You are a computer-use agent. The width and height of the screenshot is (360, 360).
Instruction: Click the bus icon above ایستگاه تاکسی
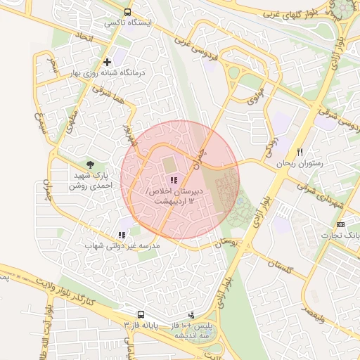(x=127, y=12)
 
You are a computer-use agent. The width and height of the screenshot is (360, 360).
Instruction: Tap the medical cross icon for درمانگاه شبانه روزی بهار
(x=107, y=62)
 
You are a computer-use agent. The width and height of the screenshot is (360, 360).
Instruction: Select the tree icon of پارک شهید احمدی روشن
(x=89, y=164)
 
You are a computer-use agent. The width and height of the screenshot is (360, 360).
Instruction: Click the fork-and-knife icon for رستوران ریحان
(x=300, y=152)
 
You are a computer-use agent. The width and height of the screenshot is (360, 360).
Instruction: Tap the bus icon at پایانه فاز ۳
(x=141, y=314)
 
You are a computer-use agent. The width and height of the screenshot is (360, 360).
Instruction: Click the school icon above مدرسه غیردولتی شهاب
(x=122, y=236)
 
